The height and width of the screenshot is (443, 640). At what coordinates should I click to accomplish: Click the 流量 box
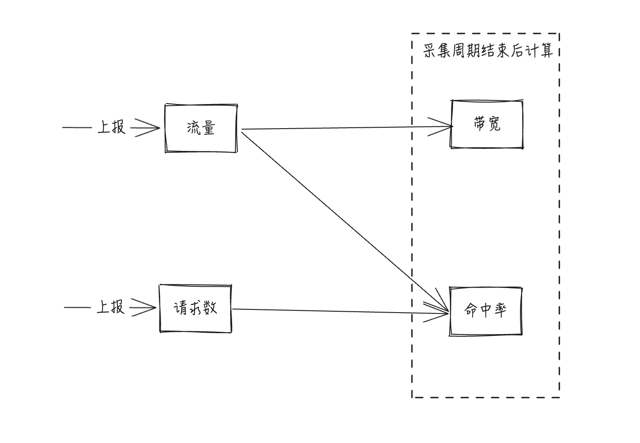click(x=201, y=129)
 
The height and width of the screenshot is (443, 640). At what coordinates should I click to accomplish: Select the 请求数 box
click(x=195, y=309)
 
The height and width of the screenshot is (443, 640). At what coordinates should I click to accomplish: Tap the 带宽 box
click(x=487, y=124)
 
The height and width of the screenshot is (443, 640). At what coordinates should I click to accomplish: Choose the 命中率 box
click(x=486, y=311)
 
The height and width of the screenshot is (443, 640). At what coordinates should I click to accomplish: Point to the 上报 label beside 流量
click(x=112, y=128)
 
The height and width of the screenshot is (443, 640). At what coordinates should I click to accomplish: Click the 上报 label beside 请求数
click(x=111, y=307)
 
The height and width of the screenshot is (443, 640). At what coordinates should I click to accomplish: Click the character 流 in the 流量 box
click(x=194, y=129)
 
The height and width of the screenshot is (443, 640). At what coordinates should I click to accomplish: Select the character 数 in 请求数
click(x=210, y=309)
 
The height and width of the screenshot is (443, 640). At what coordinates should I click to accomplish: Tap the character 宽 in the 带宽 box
click(x=494, y=124)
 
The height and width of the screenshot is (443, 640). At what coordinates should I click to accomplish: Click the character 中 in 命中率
click(x=486, y=311)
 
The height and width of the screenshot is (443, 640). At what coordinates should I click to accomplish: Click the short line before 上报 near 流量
click(x=77, y=128)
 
